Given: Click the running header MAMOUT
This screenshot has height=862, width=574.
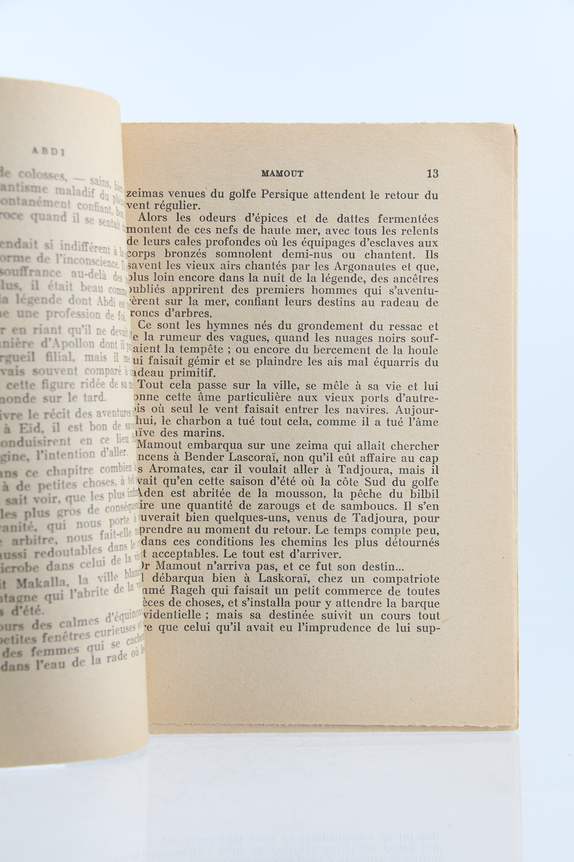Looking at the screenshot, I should pyautogui.click(x=282, y=174).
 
